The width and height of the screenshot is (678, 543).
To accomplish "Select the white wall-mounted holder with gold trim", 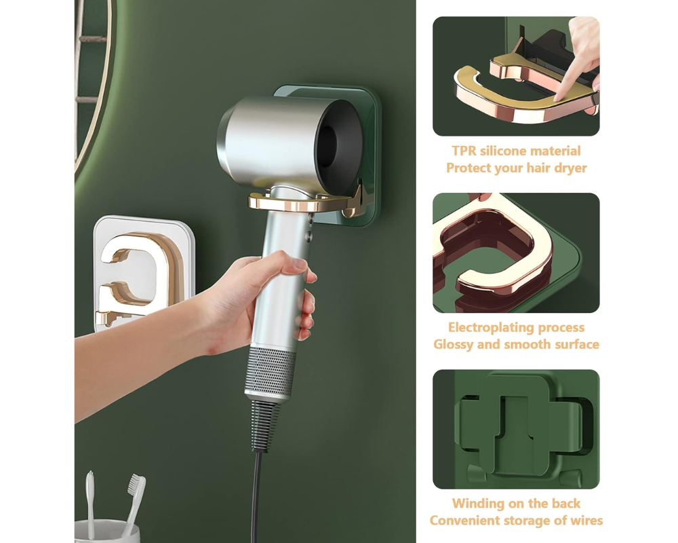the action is click(143, 272).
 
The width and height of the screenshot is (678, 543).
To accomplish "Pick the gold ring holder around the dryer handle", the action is click(302, 204).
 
